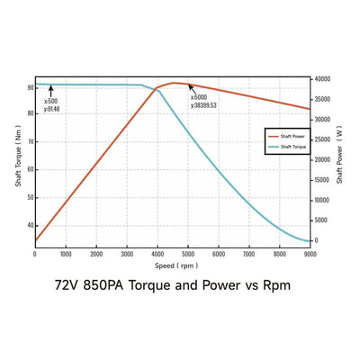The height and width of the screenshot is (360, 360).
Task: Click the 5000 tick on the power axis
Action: (323, 220)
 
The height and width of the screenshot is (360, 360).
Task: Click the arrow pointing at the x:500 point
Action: (51, 91)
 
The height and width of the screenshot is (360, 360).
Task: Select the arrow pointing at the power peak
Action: (192, 88)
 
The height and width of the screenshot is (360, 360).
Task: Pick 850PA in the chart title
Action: (104, 287)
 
